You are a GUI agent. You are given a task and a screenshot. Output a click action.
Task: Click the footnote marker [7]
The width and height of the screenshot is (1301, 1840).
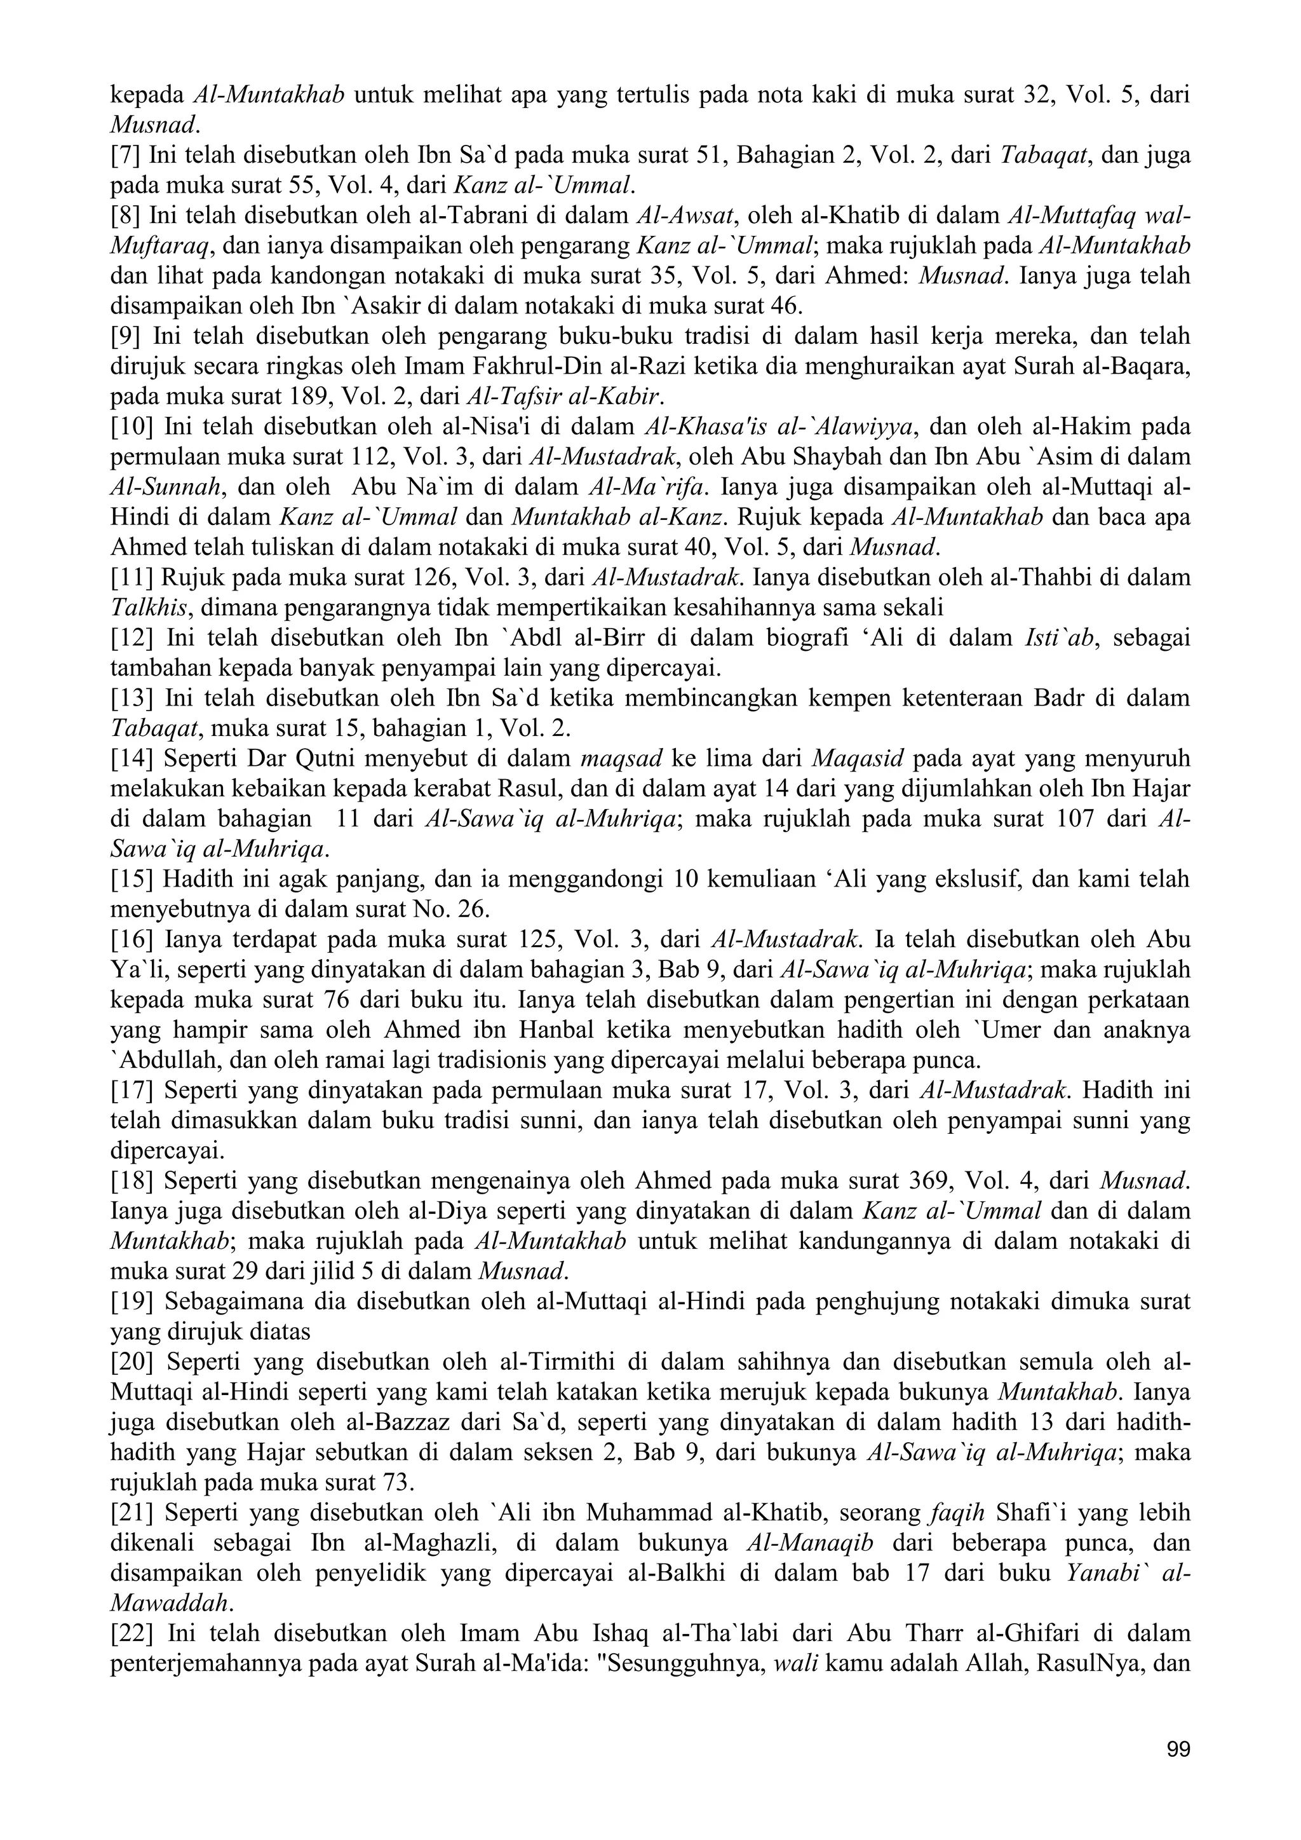click(126, 156)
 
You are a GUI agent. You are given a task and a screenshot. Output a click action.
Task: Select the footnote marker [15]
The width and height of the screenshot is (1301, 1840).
click(131, 880)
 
